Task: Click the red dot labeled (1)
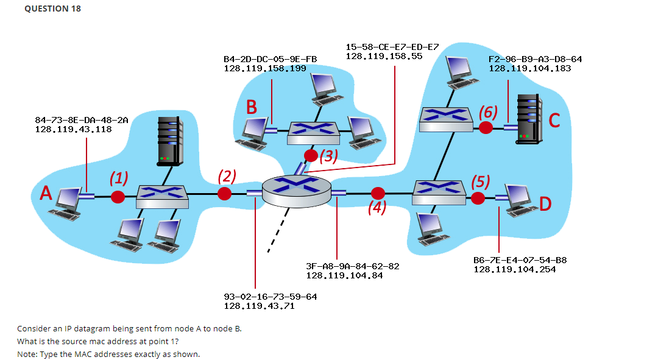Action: [x=118, y=196]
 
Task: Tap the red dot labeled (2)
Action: [x=225, y=194]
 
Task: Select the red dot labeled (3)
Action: [x=311, y=155]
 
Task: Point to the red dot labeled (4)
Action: [x=378, y=194]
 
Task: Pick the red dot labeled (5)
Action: [x=478, y=197]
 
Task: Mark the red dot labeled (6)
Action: [x=486, y=127]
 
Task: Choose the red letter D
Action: [x=545, y=203]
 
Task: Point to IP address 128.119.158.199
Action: [x=265, y=68]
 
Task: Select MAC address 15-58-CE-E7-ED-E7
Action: [x=392, y=47]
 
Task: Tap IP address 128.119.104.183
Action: [x=530, y=68]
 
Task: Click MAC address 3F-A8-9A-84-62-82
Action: [x=352, y=266]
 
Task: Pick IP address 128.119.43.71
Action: [x=260, y=306]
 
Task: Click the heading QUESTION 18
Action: [x=52, y=9]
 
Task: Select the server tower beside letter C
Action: [x=528, y=119]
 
